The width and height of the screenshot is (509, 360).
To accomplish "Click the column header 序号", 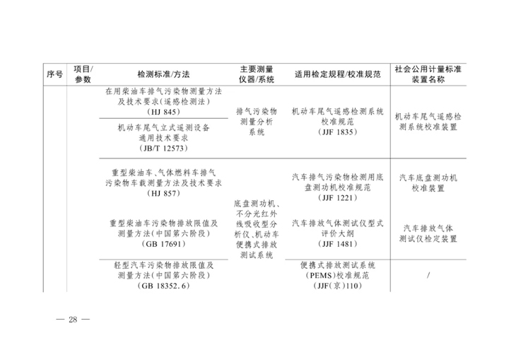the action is coord(54,74).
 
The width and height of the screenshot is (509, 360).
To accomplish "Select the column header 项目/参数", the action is coord(83,74).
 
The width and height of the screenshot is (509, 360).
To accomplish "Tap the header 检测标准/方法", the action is coord(163,74).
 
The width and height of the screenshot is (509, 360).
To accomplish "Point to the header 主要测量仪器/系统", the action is coord(257,74).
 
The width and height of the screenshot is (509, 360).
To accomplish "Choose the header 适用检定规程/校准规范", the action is coord(338,74).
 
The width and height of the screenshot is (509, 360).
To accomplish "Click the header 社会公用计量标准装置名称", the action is coord(428,74).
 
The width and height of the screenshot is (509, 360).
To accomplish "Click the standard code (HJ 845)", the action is coord(163,112).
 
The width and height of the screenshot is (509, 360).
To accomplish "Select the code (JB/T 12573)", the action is coord(163,149).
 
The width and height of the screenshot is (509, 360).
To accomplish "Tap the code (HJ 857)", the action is coord(163,194).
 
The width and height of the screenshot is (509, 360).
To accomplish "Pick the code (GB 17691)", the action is coord(163,244).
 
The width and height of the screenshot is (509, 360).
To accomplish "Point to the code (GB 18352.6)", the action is coord(163,286).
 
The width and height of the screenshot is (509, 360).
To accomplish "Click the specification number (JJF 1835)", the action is coord(338,132).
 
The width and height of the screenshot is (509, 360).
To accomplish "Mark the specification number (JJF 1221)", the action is coord(338,198).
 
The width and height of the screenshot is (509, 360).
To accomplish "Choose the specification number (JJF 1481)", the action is coord(338,244).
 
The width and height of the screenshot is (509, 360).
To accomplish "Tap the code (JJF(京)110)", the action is coord(338,286).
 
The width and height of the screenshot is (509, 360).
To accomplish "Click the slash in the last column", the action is coord(428,276).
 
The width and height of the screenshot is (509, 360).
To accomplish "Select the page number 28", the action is coord(73,320).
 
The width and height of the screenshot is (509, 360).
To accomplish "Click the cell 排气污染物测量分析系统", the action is coord(257,122).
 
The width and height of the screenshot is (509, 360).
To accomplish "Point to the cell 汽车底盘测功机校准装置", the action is coord(428,183).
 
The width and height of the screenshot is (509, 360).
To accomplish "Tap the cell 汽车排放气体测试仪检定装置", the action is coord(428,233).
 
